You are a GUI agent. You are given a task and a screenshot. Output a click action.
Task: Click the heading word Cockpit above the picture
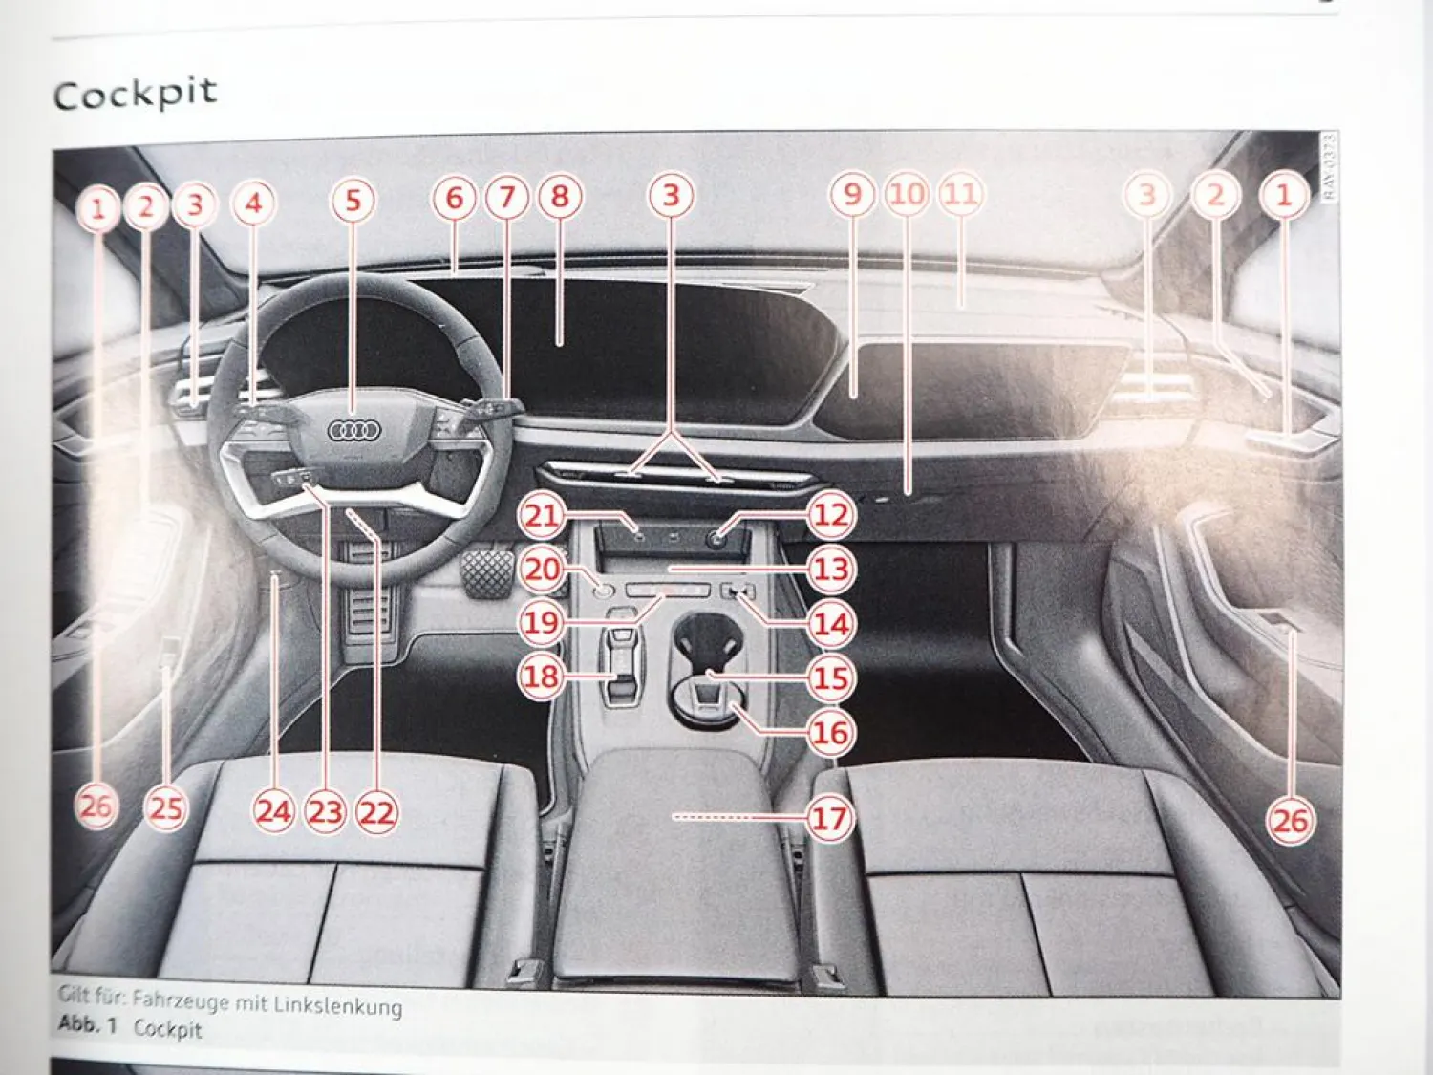135,94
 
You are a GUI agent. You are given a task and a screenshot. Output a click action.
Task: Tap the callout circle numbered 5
353,201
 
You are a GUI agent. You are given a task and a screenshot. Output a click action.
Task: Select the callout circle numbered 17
829,818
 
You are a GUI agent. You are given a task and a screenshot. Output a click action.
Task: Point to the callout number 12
830,515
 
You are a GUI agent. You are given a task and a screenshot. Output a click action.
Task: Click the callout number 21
542,516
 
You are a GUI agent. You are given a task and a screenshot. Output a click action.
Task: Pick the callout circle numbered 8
560,197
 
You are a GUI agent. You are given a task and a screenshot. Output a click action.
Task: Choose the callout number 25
166,808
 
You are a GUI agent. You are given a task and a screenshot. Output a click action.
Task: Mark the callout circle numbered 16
829,733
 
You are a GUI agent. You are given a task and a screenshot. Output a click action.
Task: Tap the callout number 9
852,195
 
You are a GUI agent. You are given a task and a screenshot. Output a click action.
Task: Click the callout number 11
961,194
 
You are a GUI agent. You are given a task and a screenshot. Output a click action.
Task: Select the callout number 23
325,812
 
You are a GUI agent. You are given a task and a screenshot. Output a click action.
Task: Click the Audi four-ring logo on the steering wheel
354,431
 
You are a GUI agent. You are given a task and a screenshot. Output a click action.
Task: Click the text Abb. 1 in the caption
87,1024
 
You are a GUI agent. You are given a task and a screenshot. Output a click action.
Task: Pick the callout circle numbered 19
542,623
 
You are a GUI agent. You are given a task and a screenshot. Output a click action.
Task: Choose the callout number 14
830,624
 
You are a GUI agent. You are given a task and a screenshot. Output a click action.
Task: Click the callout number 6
455,199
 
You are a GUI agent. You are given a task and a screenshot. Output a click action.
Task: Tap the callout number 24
274,811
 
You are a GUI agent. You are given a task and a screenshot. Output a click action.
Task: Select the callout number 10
907,194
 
